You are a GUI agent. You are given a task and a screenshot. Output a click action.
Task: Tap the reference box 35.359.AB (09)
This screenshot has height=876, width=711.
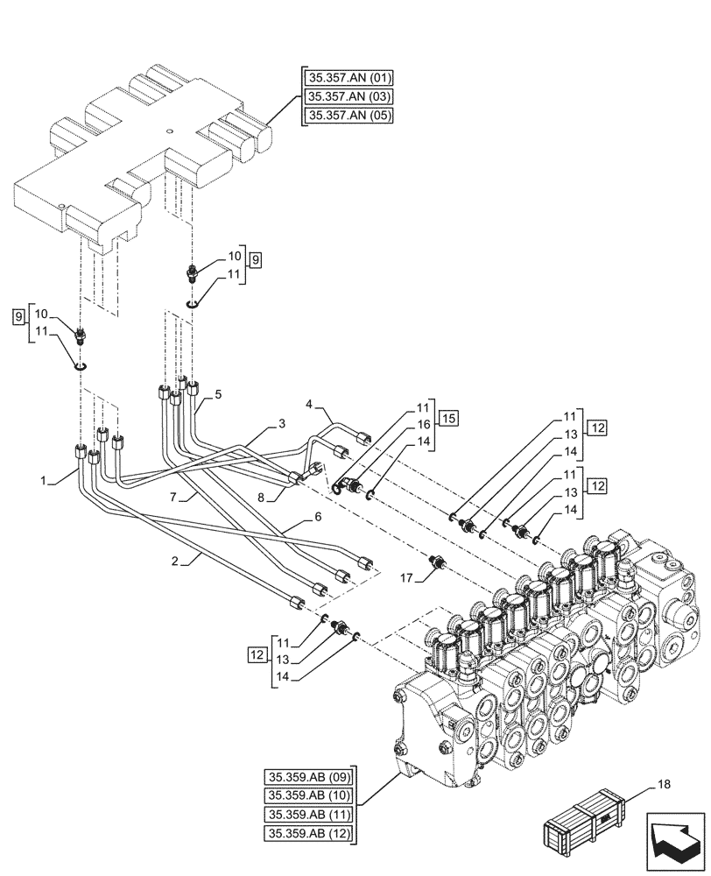[x=308, y=777]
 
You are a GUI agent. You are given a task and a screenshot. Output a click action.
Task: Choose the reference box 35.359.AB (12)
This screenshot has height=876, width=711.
[x=308, y=833]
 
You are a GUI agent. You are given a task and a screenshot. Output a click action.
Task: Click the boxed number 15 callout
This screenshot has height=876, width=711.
[x=447, y=416]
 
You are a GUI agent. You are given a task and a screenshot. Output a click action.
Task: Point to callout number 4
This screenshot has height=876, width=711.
[x=309, y=404]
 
